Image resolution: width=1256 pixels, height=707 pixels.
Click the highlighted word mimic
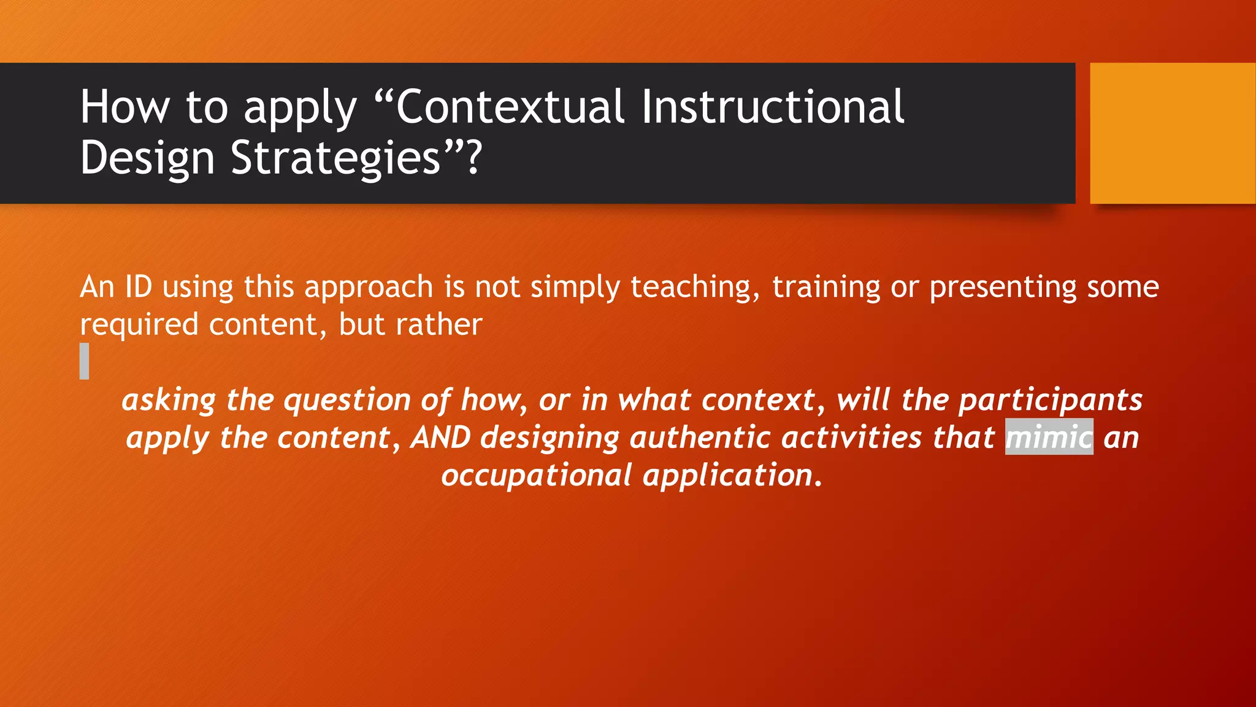[1049, 438]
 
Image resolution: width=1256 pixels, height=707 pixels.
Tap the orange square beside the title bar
[1172, 133]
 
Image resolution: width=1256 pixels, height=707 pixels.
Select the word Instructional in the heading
[773, 107]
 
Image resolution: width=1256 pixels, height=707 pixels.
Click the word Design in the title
[147, 158]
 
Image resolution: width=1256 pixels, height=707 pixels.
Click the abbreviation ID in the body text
[139, 287]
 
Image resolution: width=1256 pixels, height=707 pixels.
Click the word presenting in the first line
[1003, 287]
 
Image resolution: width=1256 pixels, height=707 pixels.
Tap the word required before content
[139, 325]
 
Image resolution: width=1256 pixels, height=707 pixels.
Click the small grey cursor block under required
[85, 361]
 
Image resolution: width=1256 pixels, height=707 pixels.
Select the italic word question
[347, 400]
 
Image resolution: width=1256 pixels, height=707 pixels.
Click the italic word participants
[1050, 400]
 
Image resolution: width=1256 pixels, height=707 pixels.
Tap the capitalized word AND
[441, 438]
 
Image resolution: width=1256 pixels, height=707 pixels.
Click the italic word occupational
[536, 476]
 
